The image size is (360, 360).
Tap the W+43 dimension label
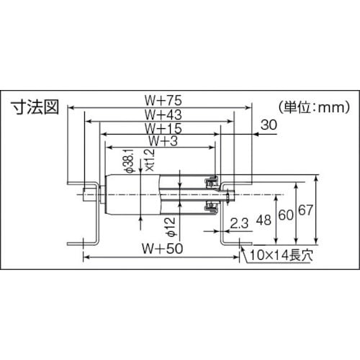click(x=161, y=114)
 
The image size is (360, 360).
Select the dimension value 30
click(x=269, y=125)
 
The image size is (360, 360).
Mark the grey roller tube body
click(x=137, y=192)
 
